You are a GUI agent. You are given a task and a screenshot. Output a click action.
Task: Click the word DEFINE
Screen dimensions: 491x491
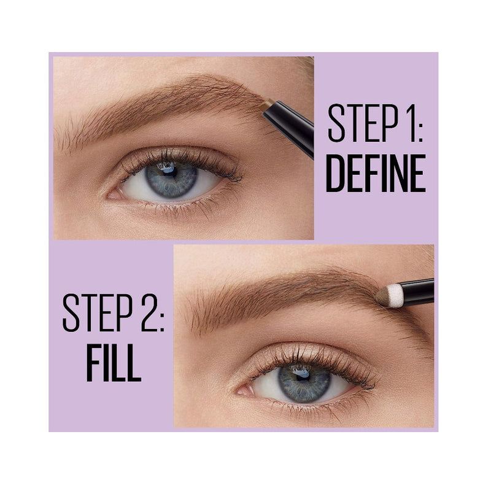tap(376, 173)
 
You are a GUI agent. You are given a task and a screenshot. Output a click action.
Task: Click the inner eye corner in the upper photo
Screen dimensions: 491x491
tap(110, 196)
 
